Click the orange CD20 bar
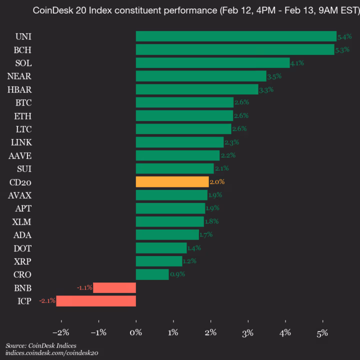[x=172, y=181]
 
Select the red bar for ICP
[x=96, y=301]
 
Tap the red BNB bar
[x=114, y=287]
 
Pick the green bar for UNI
[x=236, y=36]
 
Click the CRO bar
[x=152, y=274]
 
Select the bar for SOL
[x=212, y=62]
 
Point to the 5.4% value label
[x=344, y=36]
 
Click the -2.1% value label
[x=47, y=301]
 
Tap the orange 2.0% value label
[x=217, y=182]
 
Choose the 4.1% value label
[x=297, y=63]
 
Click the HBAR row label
[x=20, y=89]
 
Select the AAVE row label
[x=20, y=155]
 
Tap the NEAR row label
[x=19, y=76]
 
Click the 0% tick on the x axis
[x=136, y=332]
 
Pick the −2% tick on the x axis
[x=61, y=332]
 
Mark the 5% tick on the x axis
[x=322, y=332]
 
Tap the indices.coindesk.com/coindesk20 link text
[x=51, y=353]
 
